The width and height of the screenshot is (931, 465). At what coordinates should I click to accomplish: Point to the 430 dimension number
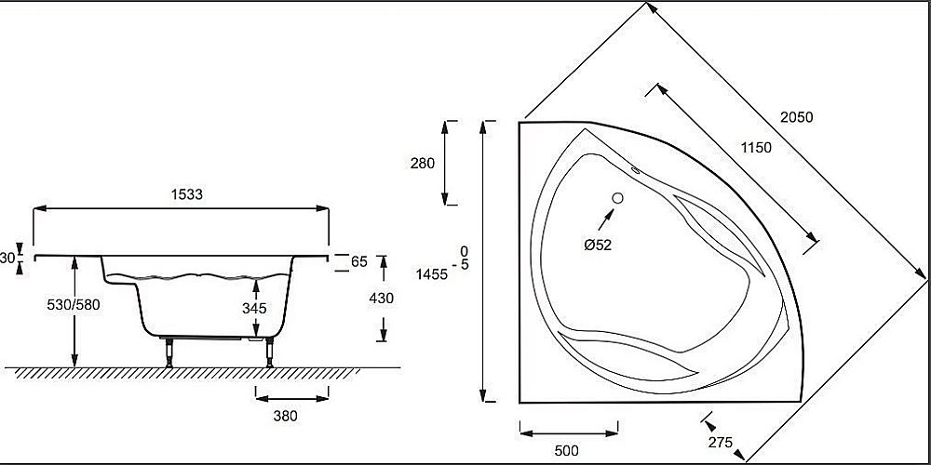[382, 298]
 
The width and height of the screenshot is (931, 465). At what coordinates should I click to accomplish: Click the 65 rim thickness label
[358, 262]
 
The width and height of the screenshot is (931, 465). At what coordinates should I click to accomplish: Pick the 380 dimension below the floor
[286, 416]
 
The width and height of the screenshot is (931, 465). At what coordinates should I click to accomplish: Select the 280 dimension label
[423, 163]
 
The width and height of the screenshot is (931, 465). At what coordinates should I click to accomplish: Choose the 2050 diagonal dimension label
[797, 117]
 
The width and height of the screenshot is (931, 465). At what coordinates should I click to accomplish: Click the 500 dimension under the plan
[565, 450]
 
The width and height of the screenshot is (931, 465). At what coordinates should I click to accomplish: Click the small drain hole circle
[617, 197]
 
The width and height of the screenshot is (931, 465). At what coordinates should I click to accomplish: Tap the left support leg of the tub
[169, 352]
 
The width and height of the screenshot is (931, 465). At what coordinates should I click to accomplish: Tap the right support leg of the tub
[270, 352]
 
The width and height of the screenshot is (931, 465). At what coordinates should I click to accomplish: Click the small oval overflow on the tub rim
[637, 170]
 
